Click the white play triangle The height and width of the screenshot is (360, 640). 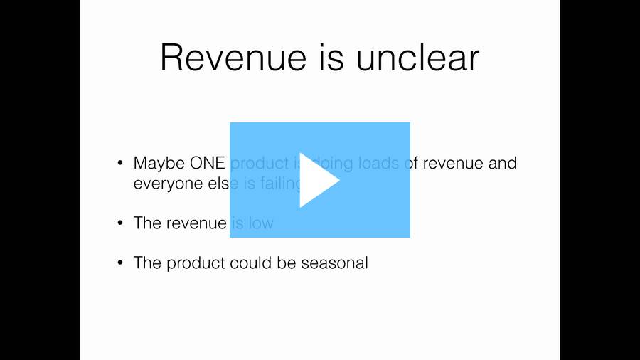point(316,180)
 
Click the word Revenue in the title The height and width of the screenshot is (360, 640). point(233,58)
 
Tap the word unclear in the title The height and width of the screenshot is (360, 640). point(417,58)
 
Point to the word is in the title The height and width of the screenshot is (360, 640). point(331,58)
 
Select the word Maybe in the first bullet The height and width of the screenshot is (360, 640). point(159,164)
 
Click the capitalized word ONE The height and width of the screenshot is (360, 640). point(208,163)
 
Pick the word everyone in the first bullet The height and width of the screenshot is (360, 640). point(169,184)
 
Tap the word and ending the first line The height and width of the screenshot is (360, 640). point(503,163)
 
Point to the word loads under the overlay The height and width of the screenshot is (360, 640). point(378,163)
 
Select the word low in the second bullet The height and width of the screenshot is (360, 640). point(261,223)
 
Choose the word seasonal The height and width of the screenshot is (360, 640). point(335,263)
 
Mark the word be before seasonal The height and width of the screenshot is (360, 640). point(287,263)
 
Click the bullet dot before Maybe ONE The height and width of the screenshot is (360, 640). point(120,163)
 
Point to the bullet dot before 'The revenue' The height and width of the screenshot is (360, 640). point(120,223)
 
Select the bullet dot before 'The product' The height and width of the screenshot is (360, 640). point(120,263)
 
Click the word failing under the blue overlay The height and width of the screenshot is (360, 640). point(281,184)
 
